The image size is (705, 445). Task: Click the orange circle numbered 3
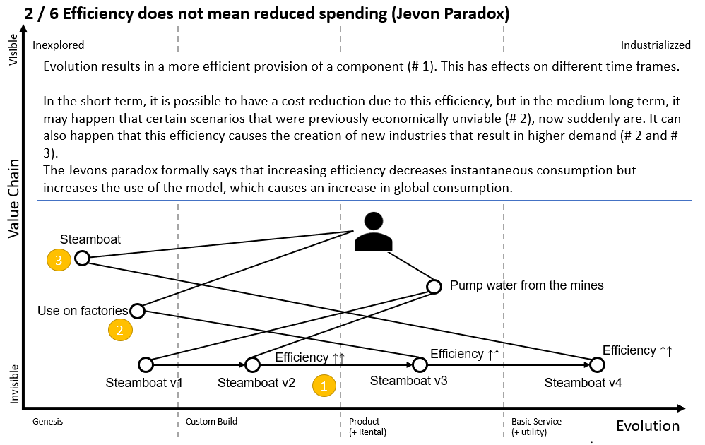pyautogui.click(x=59, y=261)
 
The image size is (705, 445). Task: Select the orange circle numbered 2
pyautogui.click(x=120, y=328)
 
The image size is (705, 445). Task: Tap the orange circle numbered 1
pyautogui.click(x=324, y=386)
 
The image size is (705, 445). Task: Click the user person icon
pyautogui.click(x=374, y=232)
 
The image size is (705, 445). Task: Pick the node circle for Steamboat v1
pyautogui.click(x=146, y=364)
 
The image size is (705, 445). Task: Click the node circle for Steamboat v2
pyautogui.click(x=253, y=364)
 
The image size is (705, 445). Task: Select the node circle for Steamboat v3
pyautogui.click(x=420, y=364)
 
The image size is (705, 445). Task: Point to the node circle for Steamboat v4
pyautogui.click(x=597, y=364)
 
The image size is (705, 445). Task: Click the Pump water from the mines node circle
pyautogui.click(x=435, y=287)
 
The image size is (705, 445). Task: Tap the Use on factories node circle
pyautogui.click(x=137, y=311)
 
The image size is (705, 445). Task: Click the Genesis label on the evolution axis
pyautogui.click(x=48, y=422)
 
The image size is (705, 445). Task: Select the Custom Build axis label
pyautogui.click(x=211, y=422)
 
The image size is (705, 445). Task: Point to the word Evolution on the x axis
pyautogui.click(x=648, y=425)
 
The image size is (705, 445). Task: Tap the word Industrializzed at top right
pyautogui.click(x=656, y=45)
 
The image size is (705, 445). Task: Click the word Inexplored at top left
pyautogui.click(x=59, y=45)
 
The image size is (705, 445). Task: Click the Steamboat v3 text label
pyautogui.click(x=408, y=381)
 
